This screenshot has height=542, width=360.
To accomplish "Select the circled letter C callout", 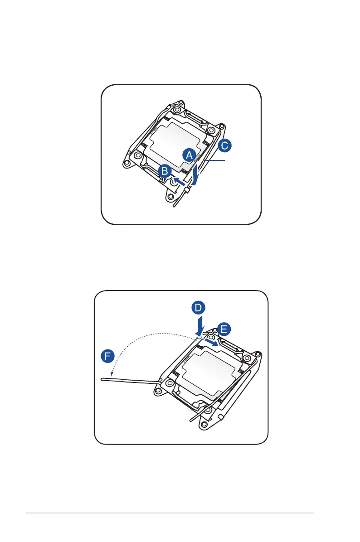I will pos(224,146).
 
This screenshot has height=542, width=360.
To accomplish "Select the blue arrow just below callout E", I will pos(211,342).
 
